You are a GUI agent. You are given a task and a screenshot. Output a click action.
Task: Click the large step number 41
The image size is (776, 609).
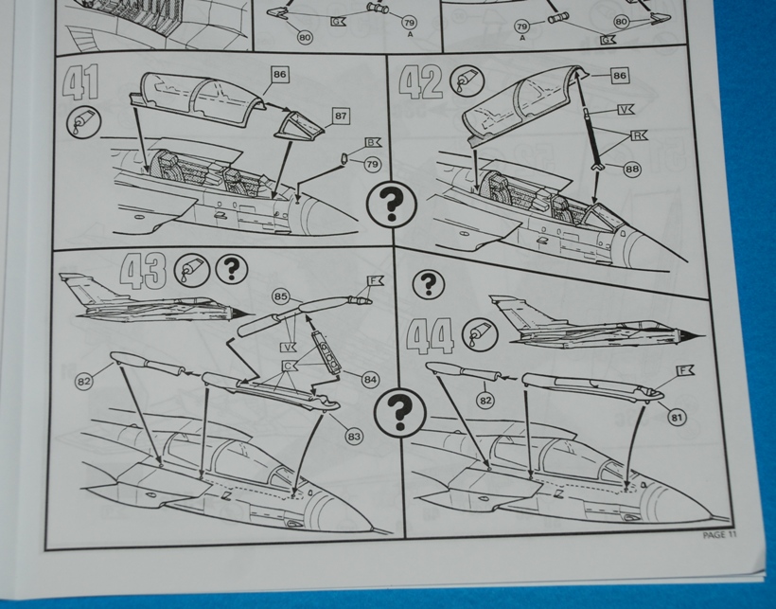[x=81, y=82]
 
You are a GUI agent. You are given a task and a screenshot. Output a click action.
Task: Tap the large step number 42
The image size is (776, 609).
[x=420, y=81]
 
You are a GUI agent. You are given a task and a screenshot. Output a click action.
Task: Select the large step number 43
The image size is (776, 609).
[x=143, y=271]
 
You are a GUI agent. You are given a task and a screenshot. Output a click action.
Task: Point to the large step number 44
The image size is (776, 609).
[x=430, y=335]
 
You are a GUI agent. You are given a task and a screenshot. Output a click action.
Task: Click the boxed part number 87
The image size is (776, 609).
[x=341, y=116]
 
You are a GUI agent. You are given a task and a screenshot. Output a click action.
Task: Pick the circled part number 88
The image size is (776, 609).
[x=632, y=170]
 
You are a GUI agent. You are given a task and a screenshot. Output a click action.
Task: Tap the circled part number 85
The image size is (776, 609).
[x=281, y=296]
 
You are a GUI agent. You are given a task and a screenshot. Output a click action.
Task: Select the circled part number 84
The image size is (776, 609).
[x=370, y=380]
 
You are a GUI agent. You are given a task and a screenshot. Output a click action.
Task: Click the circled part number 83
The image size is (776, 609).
[x=353, y=437]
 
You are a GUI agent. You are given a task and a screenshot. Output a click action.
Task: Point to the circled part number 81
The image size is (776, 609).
[x=677, y=418]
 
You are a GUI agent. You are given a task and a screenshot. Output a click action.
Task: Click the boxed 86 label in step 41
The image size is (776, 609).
[x=279, y=74]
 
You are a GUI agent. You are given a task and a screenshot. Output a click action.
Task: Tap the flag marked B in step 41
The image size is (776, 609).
[x=373, y=143]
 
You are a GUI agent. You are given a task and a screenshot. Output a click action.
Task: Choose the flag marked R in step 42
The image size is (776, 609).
[x=639, y=135]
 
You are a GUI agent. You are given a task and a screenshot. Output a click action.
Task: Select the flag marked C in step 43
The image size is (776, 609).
[x=289, y=366]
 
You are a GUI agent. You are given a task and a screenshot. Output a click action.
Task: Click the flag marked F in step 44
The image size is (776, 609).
[x=685, y=370]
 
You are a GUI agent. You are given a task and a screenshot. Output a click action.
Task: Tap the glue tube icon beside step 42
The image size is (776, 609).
[x=467, y=81]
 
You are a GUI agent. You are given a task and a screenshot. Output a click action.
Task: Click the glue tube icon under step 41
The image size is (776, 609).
[x=83, y=123]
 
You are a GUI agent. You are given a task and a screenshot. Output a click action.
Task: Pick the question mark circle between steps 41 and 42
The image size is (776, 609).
[x=392, y=204]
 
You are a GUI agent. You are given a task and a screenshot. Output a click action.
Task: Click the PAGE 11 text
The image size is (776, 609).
[x=719, y=535]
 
